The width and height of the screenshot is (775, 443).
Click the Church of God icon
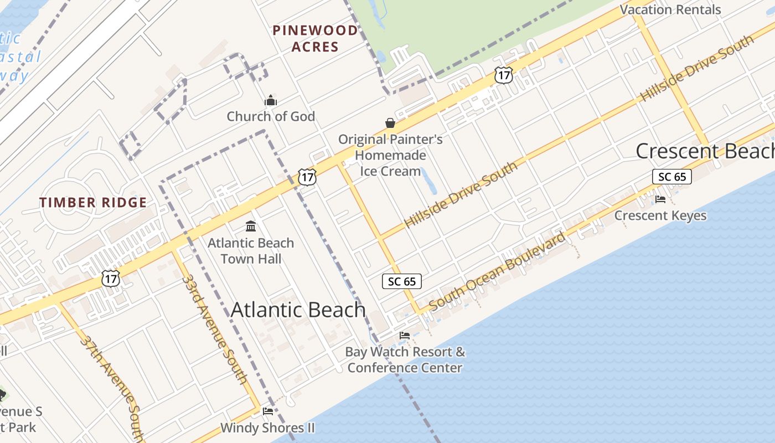tap(271, 101)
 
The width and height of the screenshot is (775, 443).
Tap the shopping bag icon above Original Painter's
tap(390, 123)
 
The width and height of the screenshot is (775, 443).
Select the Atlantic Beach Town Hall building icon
tap(251, 226)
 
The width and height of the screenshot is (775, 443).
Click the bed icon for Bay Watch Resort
tap(405, 335)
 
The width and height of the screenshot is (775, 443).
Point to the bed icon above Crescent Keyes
tap(660, 199)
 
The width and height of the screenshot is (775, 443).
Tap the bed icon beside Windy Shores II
tap(268, 411)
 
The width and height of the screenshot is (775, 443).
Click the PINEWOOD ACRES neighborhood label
tap(315, 38)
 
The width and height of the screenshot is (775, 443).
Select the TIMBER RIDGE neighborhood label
tap(93, 203)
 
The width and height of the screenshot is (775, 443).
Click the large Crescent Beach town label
tap(704, 151)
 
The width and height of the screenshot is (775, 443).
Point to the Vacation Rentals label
tap(670, 9)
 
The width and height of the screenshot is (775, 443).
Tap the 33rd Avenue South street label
tap(214, 328)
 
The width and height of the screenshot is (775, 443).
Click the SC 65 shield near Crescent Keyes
tap(672, 177)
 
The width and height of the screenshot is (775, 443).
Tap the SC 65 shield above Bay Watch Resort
tap(402, 281)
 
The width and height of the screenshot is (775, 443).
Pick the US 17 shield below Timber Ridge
tap(111, 278)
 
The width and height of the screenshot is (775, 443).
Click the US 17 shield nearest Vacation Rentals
tap(504, 75)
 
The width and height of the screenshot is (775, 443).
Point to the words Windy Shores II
tap(267, 427)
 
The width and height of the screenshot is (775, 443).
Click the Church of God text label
tap(271, 116)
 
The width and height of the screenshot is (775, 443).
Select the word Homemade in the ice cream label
tap(390, 155)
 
